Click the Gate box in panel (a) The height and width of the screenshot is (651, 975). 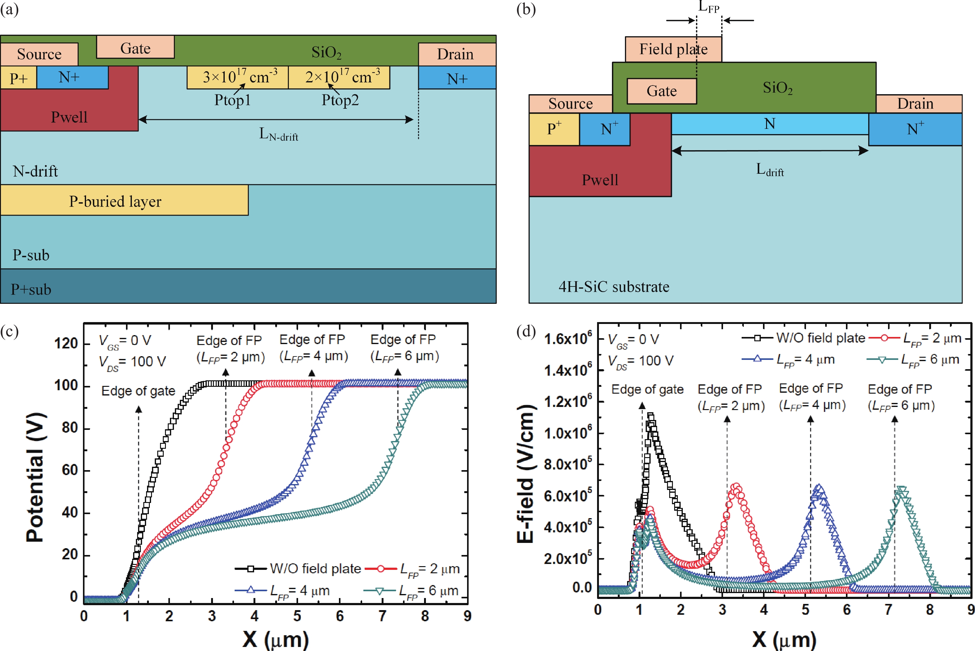tap(135, 47)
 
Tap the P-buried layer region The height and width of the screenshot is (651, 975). tap(115, 201)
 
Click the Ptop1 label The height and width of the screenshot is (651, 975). tap(232, 100)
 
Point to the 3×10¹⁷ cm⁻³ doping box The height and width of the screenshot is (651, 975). tap(238, 77)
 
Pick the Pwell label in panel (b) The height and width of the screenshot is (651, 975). tap(600, 179)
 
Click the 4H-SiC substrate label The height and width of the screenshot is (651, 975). tap(613, 286)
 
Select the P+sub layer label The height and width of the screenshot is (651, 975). tap(31, 289)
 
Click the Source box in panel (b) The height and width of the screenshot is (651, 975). tap(570, 103)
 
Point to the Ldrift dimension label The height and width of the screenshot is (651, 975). tap(769, 169)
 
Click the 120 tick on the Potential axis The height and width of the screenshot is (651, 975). tap(66, 343)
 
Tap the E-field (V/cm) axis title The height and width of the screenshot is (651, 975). tap(525, 473)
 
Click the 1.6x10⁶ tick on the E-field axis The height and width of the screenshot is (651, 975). tap(568, 339)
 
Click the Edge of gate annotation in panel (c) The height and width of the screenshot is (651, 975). tap(138, 391)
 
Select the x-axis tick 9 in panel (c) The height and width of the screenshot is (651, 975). tap(467, 616)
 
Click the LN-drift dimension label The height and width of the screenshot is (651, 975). tap(278, 134)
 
